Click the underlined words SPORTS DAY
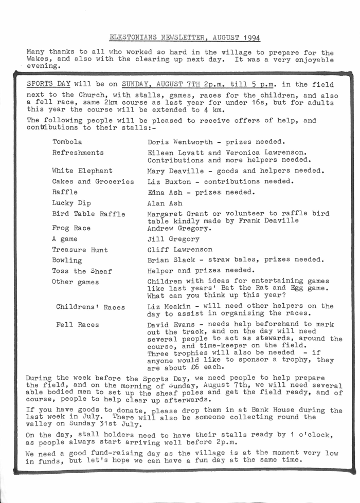tap(47, 84)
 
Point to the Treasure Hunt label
tap(80, 250)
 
